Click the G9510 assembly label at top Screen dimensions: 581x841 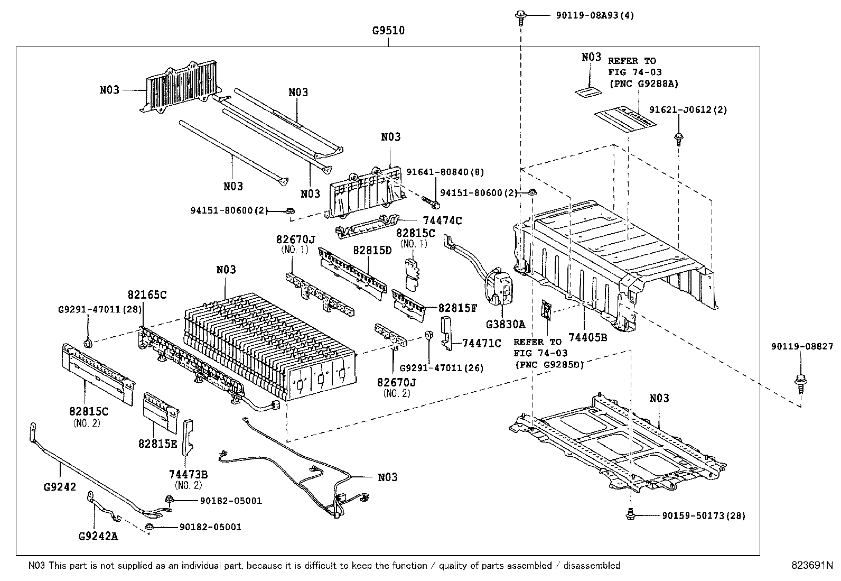click(388, 31)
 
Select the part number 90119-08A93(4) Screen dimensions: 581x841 click(595, 15)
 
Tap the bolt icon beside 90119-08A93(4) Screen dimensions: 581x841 click(520, 15)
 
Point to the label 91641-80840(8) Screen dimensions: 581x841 click(445, 172)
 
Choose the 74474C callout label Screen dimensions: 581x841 click(442, 221)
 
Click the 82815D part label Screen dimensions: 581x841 click(372, 250)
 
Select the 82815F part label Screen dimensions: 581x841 click(457, 308)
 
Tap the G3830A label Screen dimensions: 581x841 click(506, 324)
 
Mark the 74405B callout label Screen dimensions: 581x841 click(588, 337)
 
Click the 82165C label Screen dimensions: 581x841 click(147, 294)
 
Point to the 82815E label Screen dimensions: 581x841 click(158, 444)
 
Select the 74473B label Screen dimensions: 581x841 click(188, 474)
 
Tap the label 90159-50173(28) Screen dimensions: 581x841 click(703, 515)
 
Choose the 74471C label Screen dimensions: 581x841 click(481, 344)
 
